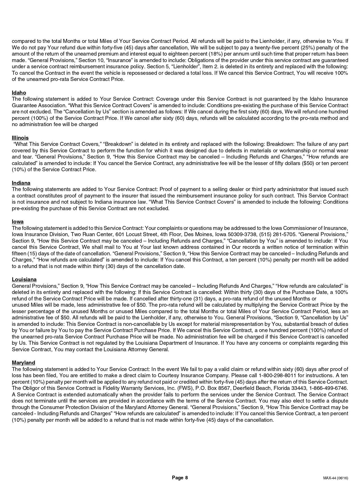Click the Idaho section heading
(x=19, y=93)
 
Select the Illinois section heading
(x=20, y=138)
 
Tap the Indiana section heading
(x=21, y=183)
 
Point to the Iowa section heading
(x=18, y=221)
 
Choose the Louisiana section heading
(x=24, y=280)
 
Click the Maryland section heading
(x=23, y=363)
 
